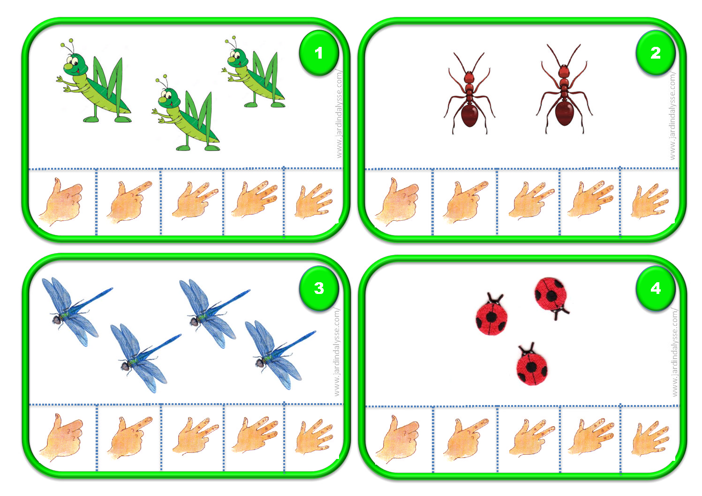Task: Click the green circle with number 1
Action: click(x=319, y=53)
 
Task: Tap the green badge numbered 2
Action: click(x=655, y=53)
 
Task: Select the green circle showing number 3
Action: click(x=319, y=288)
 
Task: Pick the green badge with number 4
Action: click(x=655, y=288)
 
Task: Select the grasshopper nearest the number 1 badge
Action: click(x=254, y=74)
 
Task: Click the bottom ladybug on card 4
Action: click(x=531, y=365)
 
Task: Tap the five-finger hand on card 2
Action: click(x=649, y=201)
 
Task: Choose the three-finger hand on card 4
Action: click(x=591, y=436)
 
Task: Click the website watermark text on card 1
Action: click(x=339, y=113)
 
